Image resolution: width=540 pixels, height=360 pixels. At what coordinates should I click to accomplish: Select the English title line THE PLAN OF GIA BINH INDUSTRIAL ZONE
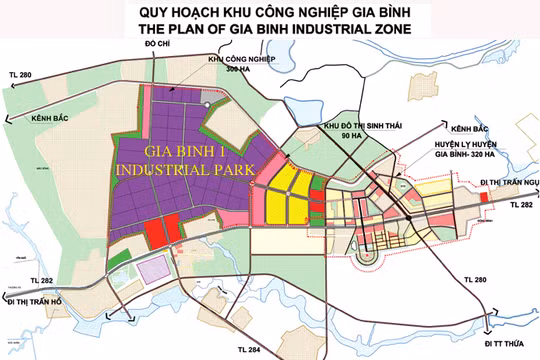(270, 29)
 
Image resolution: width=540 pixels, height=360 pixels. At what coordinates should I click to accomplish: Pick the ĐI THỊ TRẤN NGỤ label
(508, 181)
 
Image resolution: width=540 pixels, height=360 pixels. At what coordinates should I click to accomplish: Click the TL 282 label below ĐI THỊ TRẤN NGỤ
(522, 204)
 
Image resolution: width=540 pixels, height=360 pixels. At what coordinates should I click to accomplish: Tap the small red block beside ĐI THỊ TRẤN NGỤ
(486, 198)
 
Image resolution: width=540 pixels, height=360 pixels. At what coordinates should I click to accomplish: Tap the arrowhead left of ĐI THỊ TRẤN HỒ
(6, 301)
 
